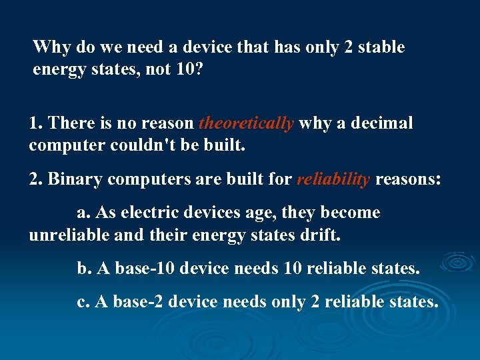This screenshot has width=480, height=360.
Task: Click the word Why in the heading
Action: pos(47,47)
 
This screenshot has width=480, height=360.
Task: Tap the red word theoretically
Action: pos(247,123)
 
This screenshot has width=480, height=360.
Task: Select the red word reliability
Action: pos(333,179)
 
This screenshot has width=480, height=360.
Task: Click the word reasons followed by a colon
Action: pos(409,179)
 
